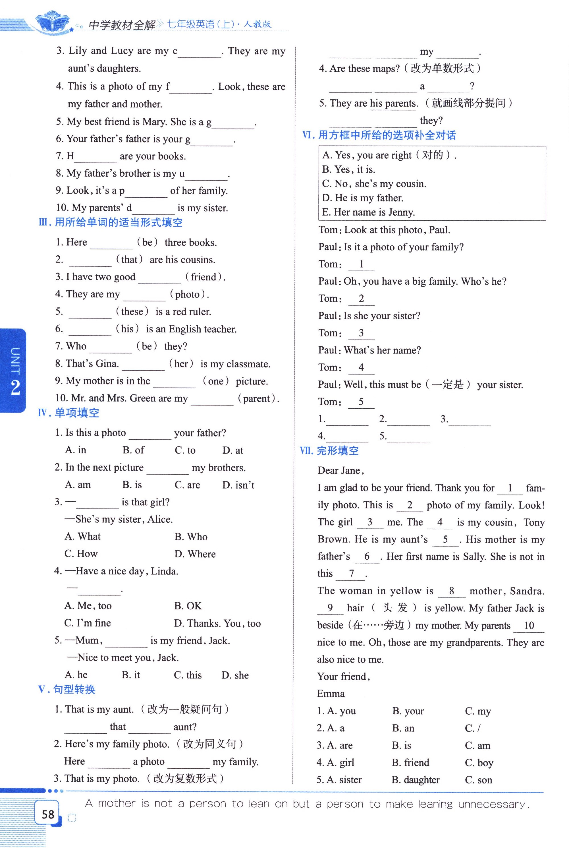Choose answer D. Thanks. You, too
coord(217,623)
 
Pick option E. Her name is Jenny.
coord(368,212)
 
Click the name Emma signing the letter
coord(331,694)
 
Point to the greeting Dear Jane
coord(340,470)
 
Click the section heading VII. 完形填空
coord(329,451)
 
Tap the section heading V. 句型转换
coord(67,689)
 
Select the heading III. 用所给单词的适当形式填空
coord(110,222)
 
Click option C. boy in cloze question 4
coord(479,763)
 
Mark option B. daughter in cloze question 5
coord(416,780)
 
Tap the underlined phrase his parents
coord(393,104)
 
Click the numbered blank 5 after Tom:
coord(361,402)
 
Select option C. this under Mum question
coord(188,675)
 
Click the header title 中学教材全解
coord(122,25)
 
